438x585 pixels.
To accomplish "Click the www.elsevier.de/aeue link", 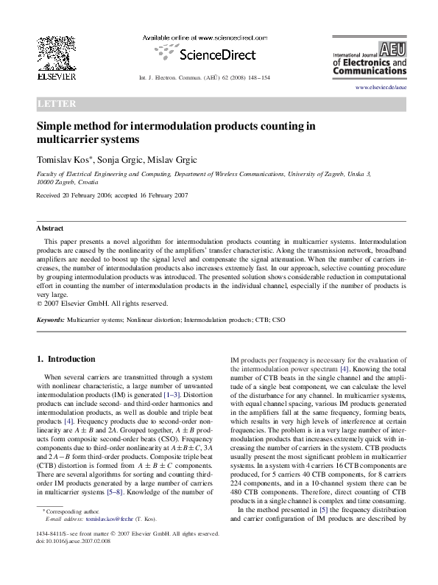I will [381, 88].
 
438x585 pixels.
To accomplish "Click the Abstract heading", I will [50, 228].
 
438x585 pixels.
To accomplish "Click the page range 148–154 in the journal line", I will [258, 77].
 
